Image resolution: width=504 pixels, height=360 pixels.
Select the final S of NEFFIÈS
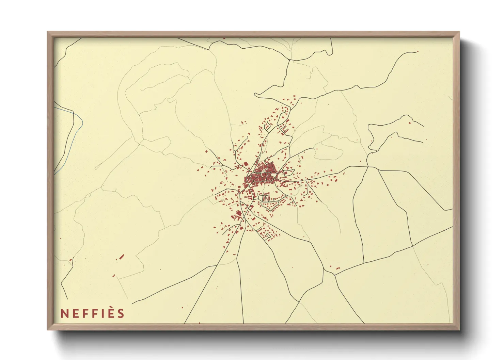tap(121, 313)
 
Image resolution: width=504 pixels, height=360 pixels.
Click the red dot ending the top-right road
tap(418, 52)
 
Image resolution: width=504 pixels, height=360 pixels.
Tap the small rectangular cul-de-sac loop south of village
tap(268, 235)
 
